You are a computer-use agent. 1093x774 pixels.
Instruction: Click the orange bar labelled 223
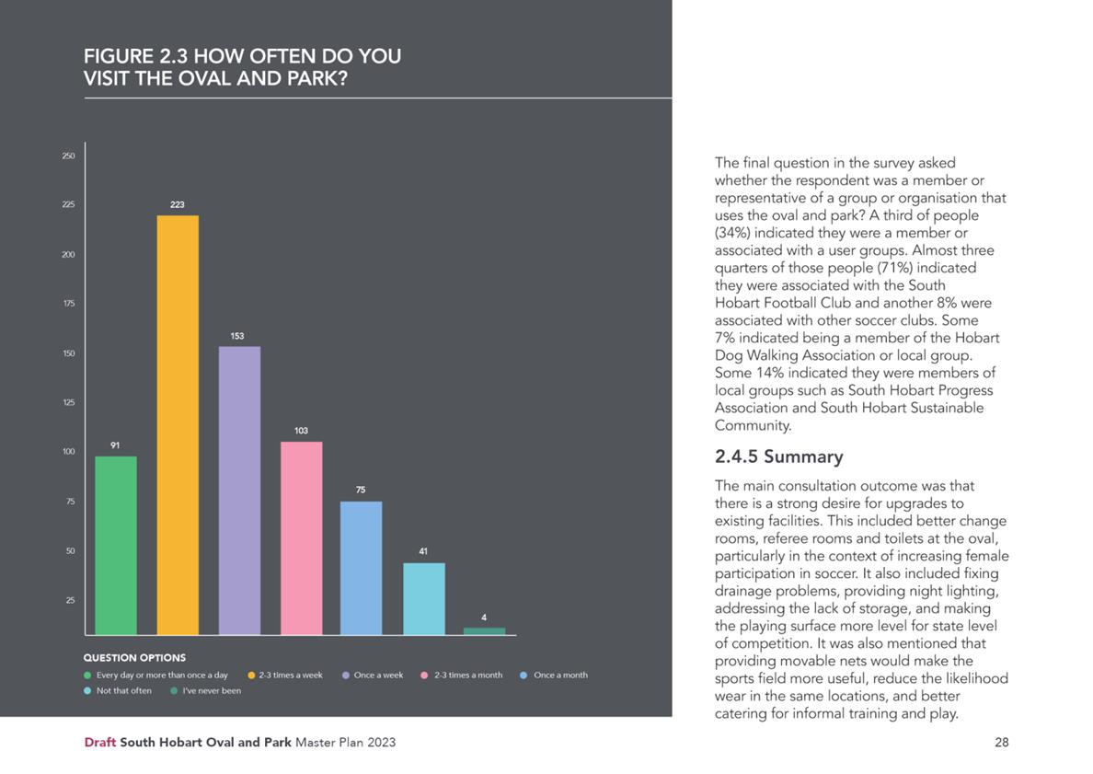click(178, 424)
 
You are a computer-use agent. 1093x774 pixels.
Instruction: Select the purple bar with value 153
click(240, 491)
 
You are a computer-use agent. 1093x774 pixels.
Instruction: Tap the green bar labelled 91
click(116, 545)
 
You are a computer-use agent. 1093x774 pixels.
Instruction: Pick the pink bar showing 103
click(302, 537)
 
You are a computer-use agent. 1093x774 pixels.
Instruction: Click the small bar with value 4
click(485, 631)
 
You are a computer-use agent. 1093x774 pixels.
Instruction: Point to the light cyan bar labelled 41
click(424, 598)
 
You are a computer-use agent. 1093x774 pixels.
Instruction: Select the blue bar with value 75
click(361, 568)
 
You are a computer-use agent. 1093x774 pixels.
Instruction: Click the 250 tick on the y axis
click(68, 156)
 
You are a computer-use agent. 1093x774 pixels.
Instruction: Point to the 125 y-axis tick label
click(68, 402)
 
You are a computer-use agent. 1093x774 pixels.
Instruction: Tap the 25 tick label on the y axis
click(71, 600)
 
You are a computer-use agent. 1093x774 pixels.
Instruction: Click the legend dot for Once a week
click(346, 675)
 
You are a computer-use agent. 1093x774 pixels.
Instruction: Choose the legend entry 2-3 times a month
click(462, 675)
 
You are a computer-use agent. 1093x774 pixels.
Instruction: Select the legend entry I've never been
click(206, 691)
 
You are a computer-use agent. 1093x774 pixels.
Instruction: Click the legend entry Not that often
click(117, 691)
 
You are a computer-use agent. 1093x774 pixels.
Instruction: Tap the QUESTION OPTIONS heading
click(134, 657)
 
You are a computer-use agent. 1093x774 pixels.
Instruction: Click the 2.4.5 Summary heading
click(778, 456)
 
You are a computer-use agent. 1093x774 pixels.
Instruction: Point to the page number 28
click(1002, 743)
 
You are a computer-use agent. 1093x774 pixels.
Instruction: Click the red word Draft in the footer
click(99, 743)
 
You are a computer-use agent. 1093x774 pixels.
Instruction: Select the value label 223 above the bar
click(178, 204)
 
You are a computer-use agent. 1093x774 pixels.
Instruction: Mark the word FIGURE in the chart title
click(119, 56)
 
